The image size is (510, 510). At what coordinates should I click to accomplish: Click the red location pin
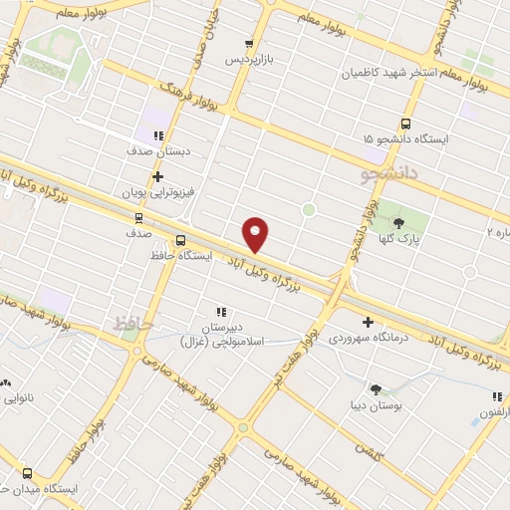255,233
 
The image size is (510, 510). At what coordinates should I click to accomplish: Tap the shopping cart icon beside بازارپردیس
250,44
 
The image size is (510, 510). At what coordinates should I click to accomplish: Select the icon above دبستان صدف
158,135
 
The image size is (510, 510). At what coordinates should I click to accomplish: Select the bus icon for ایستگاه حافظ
180,240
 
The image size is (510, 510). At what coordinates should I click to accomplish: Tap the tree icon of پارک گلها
400,223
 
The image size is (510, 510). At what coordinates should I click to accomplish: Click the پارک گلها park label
399,239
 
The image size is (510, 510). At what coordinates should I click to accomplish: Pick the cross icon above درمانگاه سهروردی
368,322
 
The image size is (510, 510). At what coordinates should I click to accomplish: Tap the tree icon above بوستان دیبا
376,389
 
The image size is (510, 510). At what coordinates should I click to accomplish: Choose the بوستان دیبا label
374,405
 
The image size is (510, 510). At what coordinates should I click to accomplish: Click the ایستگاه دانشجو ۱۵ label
406,140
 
